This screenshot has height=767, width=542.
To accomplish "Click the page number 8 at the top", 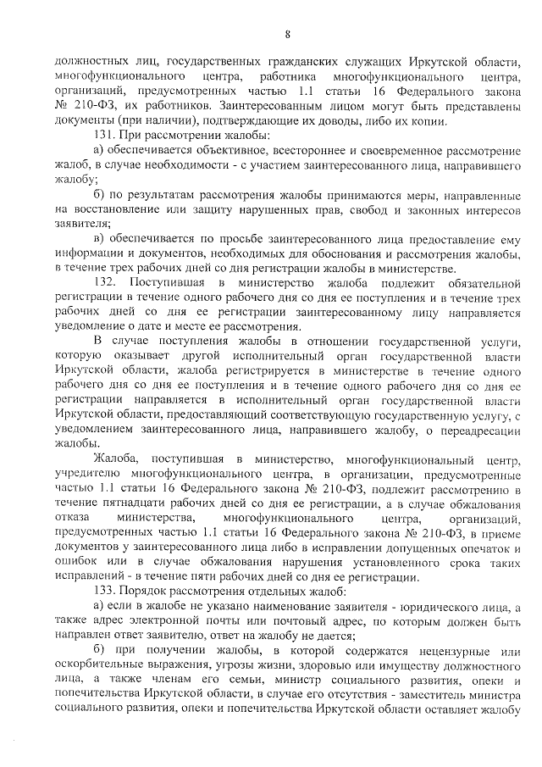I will click(287, 34).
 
